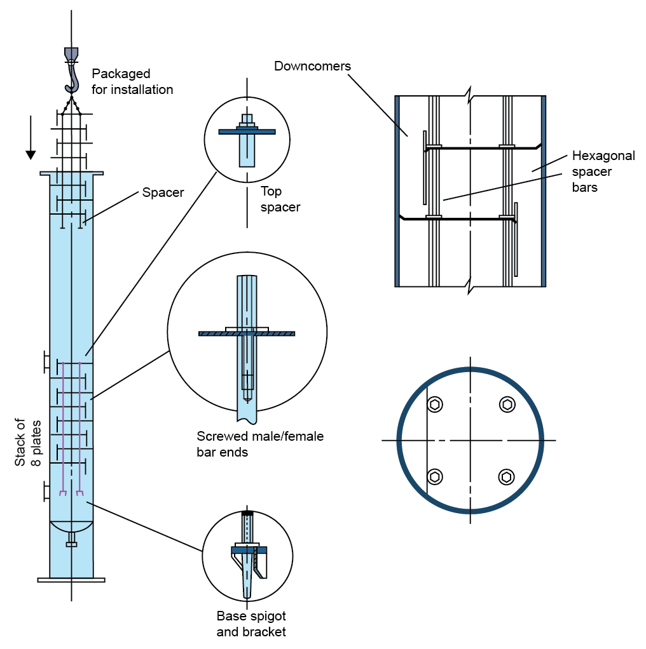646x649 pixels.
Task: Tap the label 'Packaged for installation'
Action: pyautogui.click(x=132, y=82)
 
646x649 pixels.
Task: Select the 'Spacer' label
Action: pyautogui.click(x=163, y=192)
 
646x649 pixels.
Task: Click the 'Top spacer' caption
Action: pyautogui.click(x=280, y=199)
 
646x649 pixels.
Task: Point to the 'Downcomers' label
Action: pyautogui.click(x=312, y=66)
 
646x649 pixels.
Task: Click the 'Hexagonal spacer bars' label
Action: pyautogui.click(x=603, y=171)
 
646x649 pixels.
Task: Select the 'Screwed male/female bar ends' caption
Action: pyautogui.click(x=260, y=445)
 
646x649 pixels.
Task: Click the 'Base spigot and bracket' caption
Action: pyautogui.click(x=251, y=624)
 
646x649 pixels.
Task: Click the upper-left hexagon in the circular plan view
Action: pyautogui.click(x=435, y=405)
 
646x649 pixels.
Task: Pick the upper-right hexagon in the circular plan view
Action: pyautogui.click(x=506, y=405)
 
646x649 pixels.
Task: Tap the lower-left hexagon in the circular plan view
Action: pyautogui.click(x=435, y=476)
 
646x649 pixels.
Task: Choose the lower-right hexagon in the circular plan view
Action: pyautogui.click(x=506, y=476)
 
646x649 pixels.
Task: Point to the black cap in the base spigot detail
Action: pyautogui.click(x=247, y=512)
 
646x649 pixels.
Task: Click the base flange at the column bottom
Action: pyautogui.click(x=71, y=580)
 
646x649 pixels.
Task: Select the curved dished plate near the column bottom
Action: pyautogui.click(x=71, y=528)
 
